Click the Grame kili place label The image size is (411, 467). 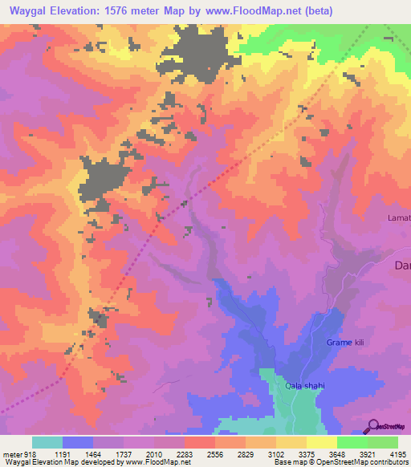click(x=345, y=343)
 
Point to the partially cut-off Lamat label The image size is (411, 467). click(x=399, y=217)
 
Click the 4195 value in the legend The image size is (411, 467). click(x=397, y=453)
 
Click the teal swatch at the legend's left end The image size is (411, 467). click(x=47, y=442)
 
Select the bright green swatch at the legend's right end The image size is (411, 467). click(x=382, y=442)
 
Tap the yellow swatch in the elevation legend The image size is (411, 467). click(x=321, y=442)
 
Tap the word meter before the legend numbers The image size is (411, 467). click(x=12, y=453)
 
